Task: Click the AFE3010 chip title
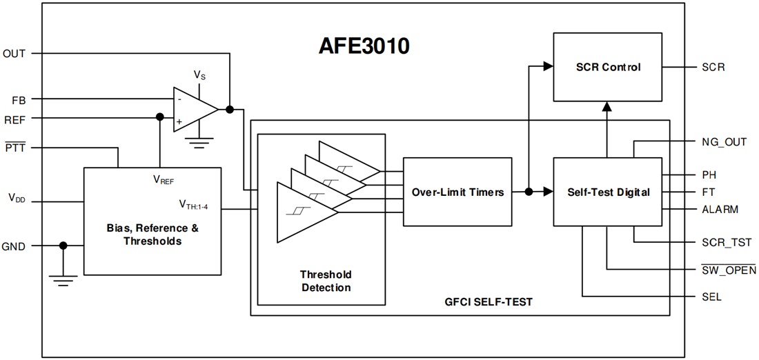[x=364, y=46]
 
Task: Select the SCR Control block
[x=608, y=67]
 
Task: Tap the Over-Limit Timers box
[x=457, y=192]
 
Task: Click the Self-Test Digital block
[x=608, y=192]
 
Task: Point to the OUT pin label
[x=14, y=53]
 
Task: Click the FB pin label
[x=19, y=99]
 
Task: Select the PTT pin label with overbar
[x=14, y=147]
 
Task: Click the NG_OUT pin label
[x=723, y=142]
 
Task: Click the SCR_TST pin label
[x=722, y=242]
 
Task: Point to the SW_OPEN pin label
[x=724, y=270]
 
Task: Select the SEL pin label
[x=710, y=297]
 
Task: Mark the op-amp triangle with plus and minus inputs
[x=194, y=108]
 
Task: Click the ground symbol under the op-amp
[x=200, y=146]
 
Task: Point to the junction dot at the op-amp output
[x=230, y=109]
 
